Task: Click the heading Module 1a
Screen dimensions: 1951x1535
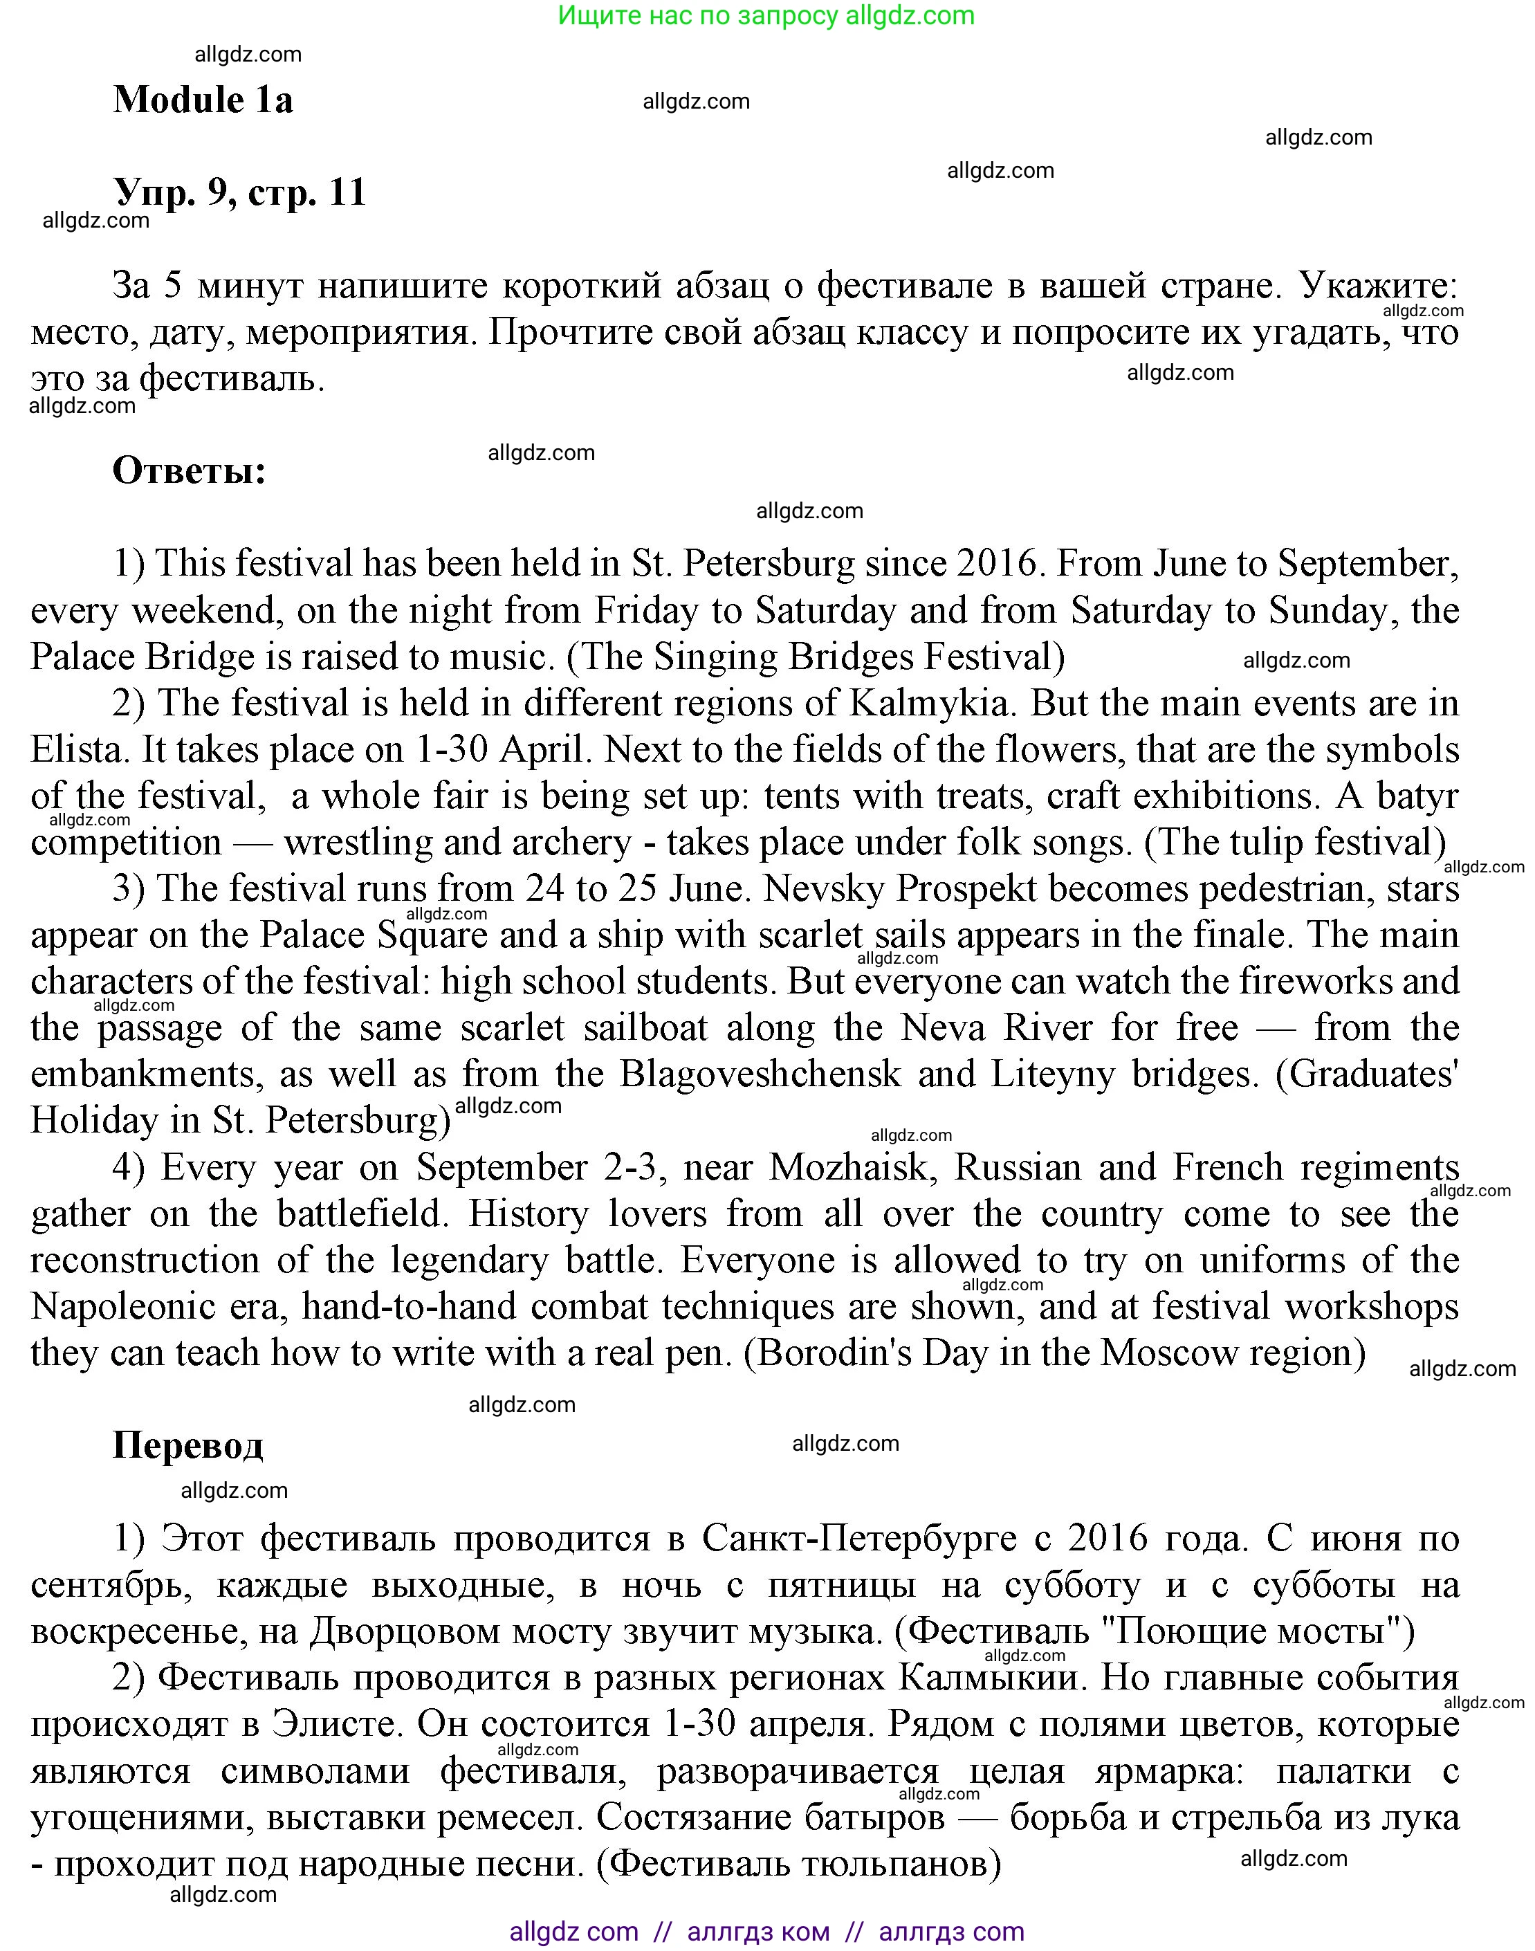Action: coord(203,100)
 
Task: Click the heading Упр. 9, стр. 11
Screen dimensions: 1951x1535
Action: coord(240,192)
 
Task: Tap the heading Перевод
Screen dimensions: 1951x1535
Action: coord(188,1445)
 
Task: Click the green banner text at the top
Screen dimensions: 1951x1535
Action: coord(766,15)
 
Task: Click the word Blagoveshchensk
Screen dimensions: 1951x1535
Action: coord(760,1074)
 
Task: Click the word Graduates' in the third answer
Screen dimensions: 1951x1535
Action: coord(1366,1074)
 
